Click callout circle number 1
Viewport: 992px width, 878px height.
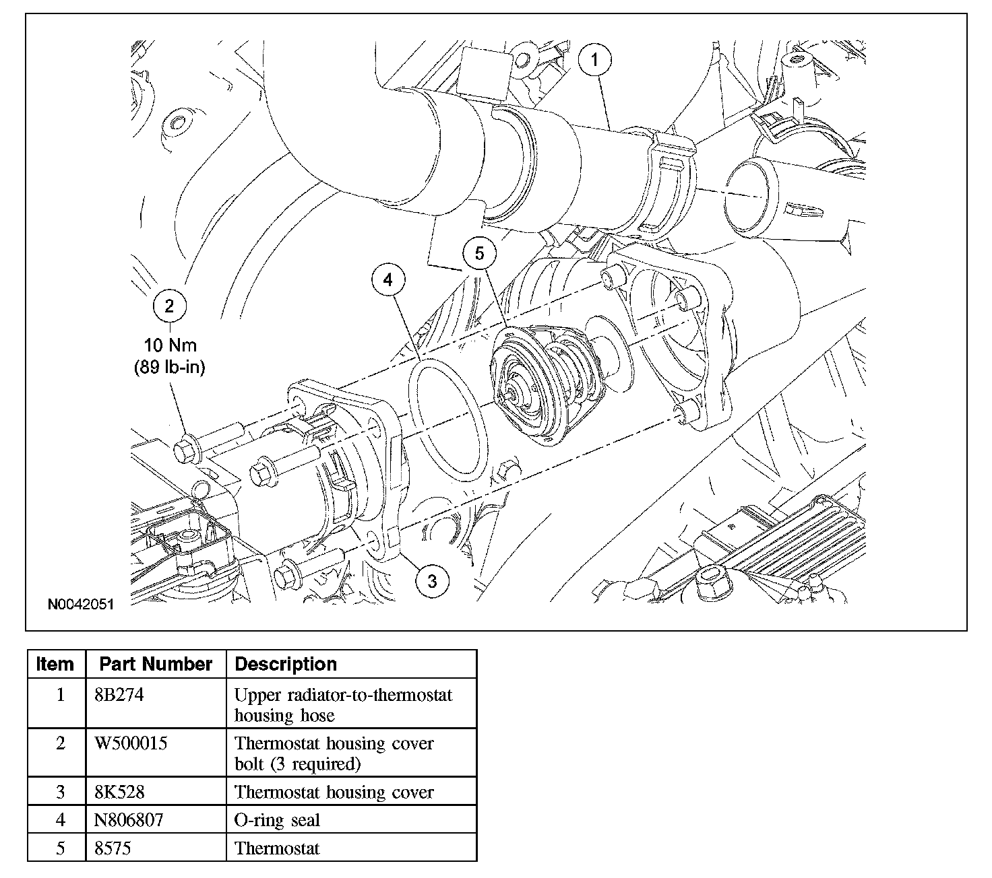tap(594, 60)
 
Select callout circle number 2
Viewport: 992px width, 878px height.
tap(169, 306)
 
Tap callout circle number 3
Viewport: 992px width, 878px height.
tap(432, 580)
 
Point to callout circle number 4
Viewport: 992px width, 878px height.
tap(389, 280)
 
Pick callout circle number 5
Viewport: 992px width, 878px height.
tap(479, 253)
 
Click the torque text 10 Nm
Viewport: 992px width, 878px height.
tap(170, 345)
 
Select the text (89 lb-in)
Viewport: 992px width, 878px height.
tap(170, 368)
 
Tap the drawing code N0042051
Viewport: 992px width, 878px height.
tap(80, 604)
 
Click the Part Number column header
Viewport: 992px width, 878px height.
tap(156, 664)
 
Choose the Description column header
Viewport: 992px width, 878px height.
tap(286, 664)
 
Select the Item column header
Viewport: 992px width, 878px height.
tap(55, 664)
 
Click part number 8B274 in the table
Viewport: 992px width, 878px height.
tap(119, 695)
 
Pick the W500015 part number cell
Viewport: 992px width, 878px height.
tap(131, 743)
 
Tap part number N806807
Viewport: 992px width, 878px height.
tap(129, 820)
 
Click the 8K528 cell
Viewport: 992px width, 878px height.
tap(119, 792)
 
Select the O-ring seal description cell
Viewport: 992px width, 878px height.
tap(277, 820)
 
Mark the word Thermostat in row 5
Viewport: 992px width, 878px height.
tap(277, 848)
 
